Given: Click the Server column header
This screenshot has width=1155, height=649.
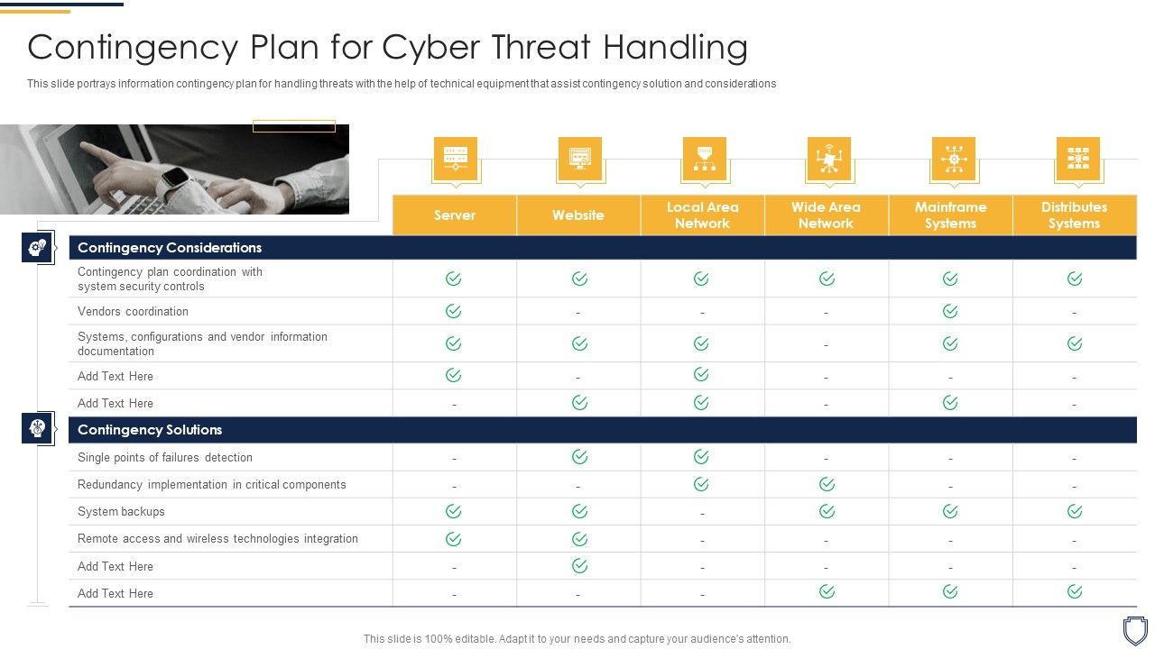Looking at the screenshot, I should tap(455, 215).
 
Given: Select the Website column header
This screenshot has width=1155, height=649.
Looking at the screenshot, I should tap(578, 215).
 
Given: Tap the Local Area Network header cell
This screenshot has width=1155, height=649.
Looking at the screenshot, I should tap(702, 215).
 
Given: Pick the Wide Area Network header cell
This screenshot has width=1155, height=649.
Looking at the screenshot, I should tap(826, 215).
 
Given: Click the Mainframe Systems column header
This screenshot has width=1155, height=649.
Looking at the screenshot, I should tap(950, 215).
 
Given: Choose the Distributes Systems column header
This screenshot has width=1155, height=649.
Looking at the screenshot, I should tap(1074, 215).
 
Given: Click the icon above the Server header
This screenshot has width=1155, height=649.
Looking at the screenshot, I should tap(455, 159).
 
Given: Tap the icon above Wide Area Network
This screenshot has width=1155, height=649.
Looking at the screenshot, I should tap(828, 159).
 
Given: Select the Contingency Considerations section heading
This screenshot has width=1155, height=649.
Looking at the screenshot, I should tap(170, 248).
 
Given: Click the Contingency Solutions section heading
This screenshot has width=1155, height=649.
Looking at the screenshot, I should tap(150, 430).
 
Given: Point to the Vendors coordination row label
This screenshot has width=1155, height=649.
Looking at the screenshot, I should tap(133, 312).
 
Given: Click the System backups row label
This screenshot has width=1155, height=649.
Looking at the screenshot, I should tap(121, 512).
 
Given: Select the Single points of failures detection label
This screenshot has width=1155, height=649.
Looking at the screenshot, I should tap(165, 458).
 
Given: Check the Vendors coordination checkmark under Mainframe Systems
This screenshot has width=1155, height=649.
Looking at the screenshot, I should tap(950, 311).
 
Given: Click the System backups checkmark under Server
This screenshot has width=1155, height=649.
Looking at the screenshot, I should tap(454, 511).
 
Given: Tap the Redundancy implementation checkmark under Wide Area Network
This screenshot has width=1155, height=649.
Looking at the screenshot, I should tap(827, 484).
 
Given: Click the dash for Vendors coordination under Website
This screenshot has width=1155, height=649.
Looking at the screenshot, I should tap(578, 313).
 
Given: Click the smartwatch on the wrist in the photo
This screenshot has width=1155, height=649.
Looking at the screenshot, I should tap(175, 178).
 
